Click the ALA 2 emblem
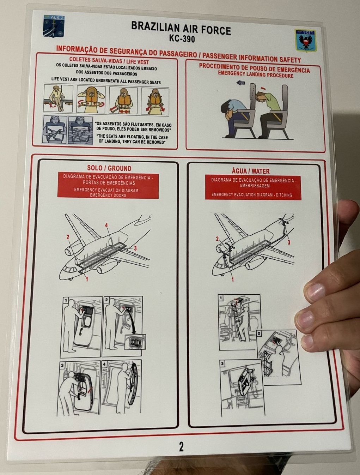(54, 26)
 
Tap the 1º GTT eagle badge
(305, 41)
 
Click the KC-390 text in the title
(182, 39)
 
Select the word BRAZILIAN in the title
(155, 27)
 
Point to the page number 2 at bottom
(181, 446)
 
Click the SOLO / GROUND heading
(109, 168)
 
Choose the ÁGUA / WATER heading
(251, 171)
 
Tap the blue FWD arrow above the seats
(241, 83)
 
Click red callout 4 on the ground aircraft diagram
(106, 225)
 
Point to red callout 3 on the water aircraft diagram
(289, 242)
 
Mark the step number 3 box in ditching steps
(222, 364)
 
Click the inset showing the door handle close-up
(135, 342)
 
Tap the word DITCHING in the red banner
(284, 195)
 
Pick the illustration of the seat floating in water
(80, 130)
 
